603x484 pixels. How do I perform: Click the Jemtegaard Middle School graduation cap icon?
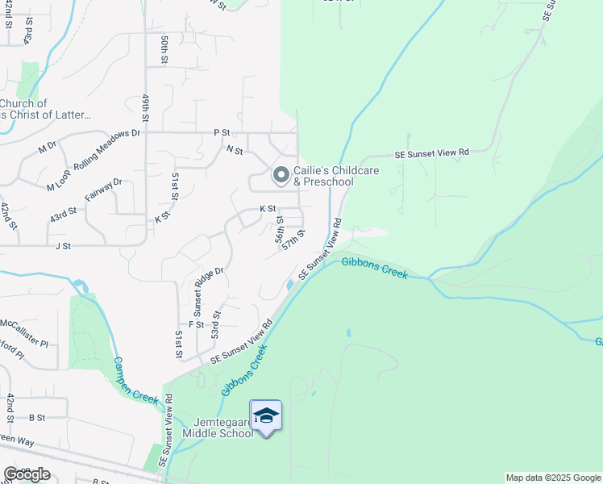coord(266,416)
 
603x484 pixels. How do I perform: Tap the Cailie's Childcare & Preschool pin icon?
coord(281,174)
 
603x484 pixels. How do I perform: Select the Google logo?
coord(27,474)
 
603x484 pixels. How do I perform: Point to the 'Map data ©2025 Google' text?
coord(553,478)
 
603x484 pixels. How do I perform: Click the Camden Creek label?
coord(129,379)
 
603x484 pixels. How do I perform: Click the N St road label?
coord(235,149)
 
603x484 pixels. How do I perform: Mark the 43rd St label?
coord(63,215)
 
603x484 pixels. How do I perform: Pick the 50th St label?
coord(164,49)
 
